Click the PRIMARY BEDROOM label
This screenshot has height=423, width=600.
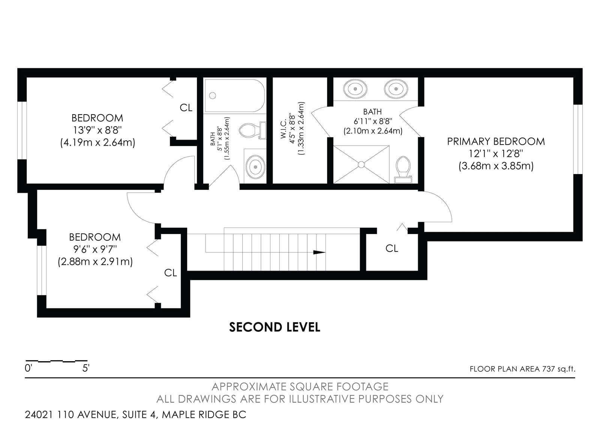(x=496, y=141)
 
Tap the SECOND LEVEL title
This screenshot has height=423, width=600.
(x=274, y=327)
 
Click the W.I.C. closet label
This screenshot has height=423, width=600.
(x=283, y=129)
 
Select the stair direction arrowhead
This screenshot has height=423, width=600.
(x=319, y=252)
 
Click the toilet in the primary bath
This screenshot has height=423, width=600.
(x=403, y=170)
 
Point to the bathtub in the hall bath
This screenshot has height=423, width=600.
(x=235, y=95)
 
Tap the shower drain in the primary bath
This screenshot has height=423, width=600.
(x=361, y=164)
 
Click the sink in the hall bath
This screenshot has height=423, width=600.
(x=255, y=167)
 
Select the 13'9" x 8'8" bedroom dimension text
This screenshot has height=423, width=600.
(x=97, y=130)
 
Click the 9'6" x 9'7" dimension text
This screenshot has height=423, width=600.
(x=95, y=249)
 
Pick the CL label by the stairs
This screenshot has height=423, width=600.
(x=391, y=249)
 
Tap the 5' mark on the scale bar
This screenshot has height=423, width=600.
(x=86, y=368)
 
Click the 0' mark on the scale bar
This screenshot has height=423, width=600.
(x=28, y=368)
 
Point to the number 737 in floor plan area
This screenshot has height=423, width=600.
(x=549, y=369)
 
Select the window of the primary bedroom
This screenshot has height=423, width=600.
(x=578, y=139)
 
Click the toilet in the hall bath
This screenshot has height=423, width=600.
(x=252, y=131)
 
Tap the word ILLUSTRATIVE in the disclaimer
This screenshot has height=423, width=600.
(x=322, y=399)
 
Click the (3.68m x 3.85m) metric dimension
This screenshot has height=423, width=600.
(x=496, y=166)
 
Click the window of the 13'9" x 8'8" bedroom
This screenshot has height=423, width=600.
(x=22, y=131)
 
